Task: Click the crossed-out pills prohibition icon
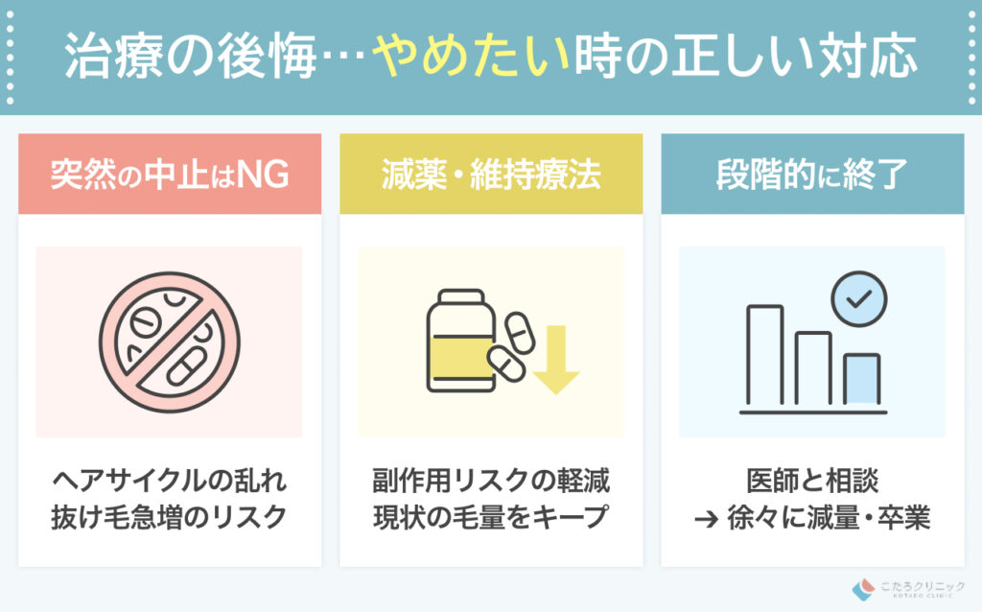click(x=170, y=342)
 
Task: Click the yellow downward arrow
click(x=556, y=361)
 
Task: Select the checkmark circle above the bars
click(x=858, y=299)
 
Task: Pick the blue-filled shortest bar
click(x=861, y=381)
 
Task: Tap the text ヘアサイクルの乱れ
click(x=170, y=479)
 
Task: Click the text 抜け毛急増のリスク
click(x=170, y=517)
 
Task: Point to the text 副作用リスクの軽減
click(x=491, y=479)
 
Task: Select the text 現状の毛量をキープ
click(x=491, y=517)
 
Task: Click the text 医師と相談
click(x=812, y=479)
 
